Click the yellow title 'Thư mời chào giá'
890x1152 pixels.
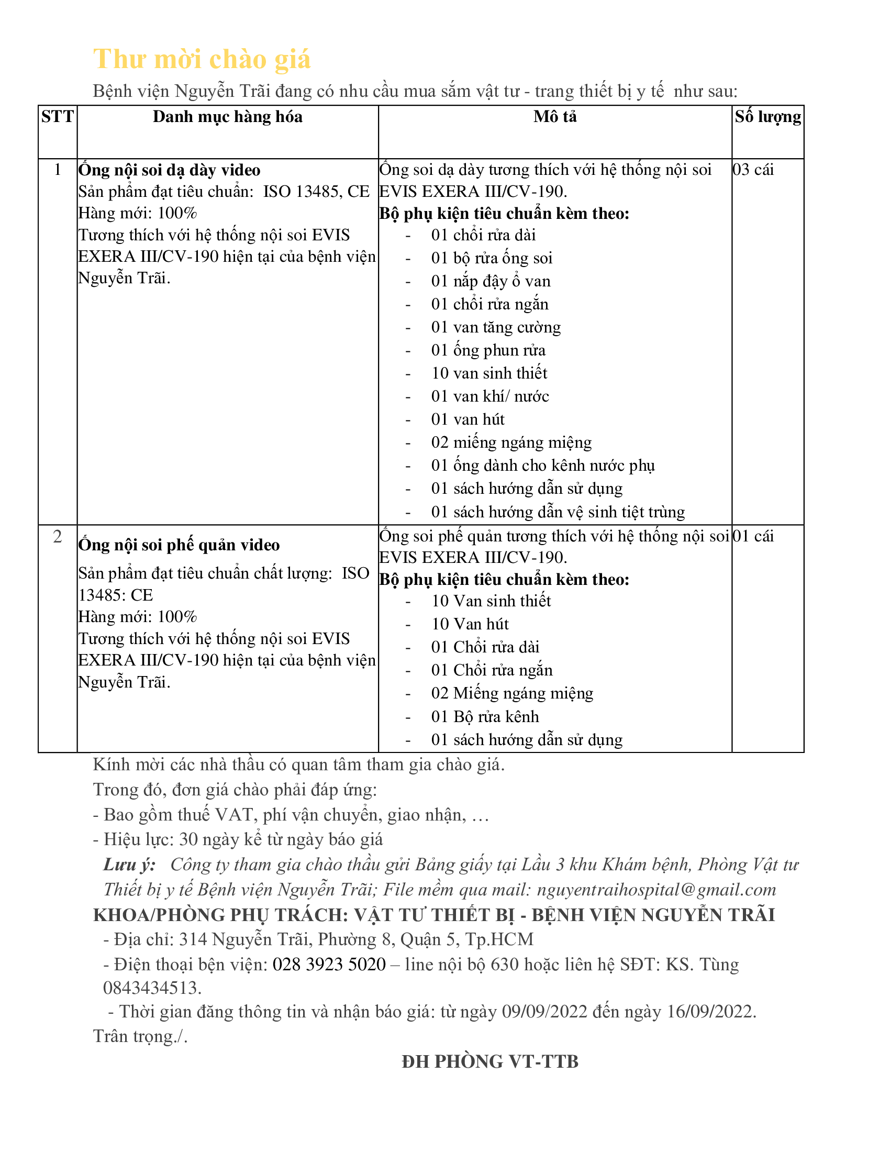point(202,59)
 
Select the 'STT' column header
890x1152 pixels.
point(58,117)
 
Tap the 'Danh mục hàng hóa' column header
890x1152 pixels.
point(227,117)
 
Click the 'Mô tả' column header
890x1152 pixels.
point(554,117)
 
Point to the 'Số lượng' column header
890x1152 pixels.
point(767,117)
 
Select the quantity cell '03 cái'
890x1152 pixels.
point(753,170)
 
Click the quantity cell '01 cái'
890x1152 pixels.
point(753,536)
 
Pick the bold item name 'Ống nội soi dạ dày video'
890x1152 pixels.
point(169,170)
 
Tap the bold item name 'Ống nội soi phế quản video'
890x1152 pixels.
point(179,545)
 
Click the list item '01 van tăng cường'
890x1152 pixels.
point(496,328)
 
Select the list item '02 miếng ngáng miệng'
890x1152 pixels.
point(511,442)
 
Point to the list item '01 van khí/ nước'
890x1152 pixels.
point(490,397)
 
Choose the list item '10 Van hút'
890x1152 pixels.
point(470,625)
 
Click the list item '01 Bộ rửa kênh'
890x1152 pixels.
point(485,717)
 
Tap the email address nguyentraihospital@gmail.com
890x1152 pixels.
point(657,890)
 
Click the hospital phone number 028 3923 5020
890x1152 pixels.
point(329,965)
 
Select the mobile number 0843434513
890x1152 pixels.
point(152,988)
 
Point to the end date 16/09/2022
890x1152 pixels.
point(710,1012)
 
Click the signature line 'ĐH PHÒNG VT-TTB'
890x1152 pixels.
point(490,1062)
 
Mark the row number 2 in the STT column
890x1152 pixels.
point(58,537)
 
